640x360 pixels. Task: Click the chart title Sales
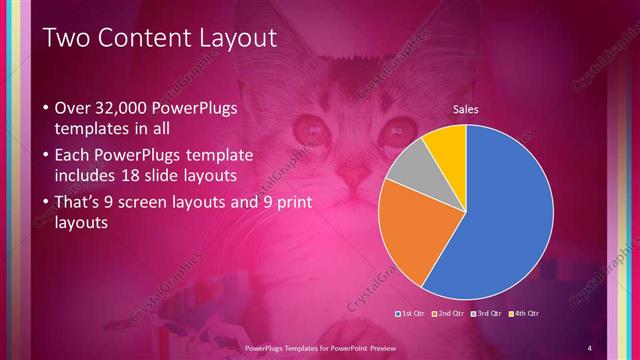pos(466,108)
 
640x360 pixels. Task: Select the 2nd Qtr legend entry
pos(449,314)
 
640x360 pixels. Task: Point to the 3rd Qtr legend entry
pos(487,314)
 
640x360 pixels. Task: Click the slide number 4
pos(590,348)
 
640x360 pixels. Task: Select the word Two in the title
pos(66,38)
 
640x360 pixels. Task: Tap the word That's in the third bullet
pos(82,201)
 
